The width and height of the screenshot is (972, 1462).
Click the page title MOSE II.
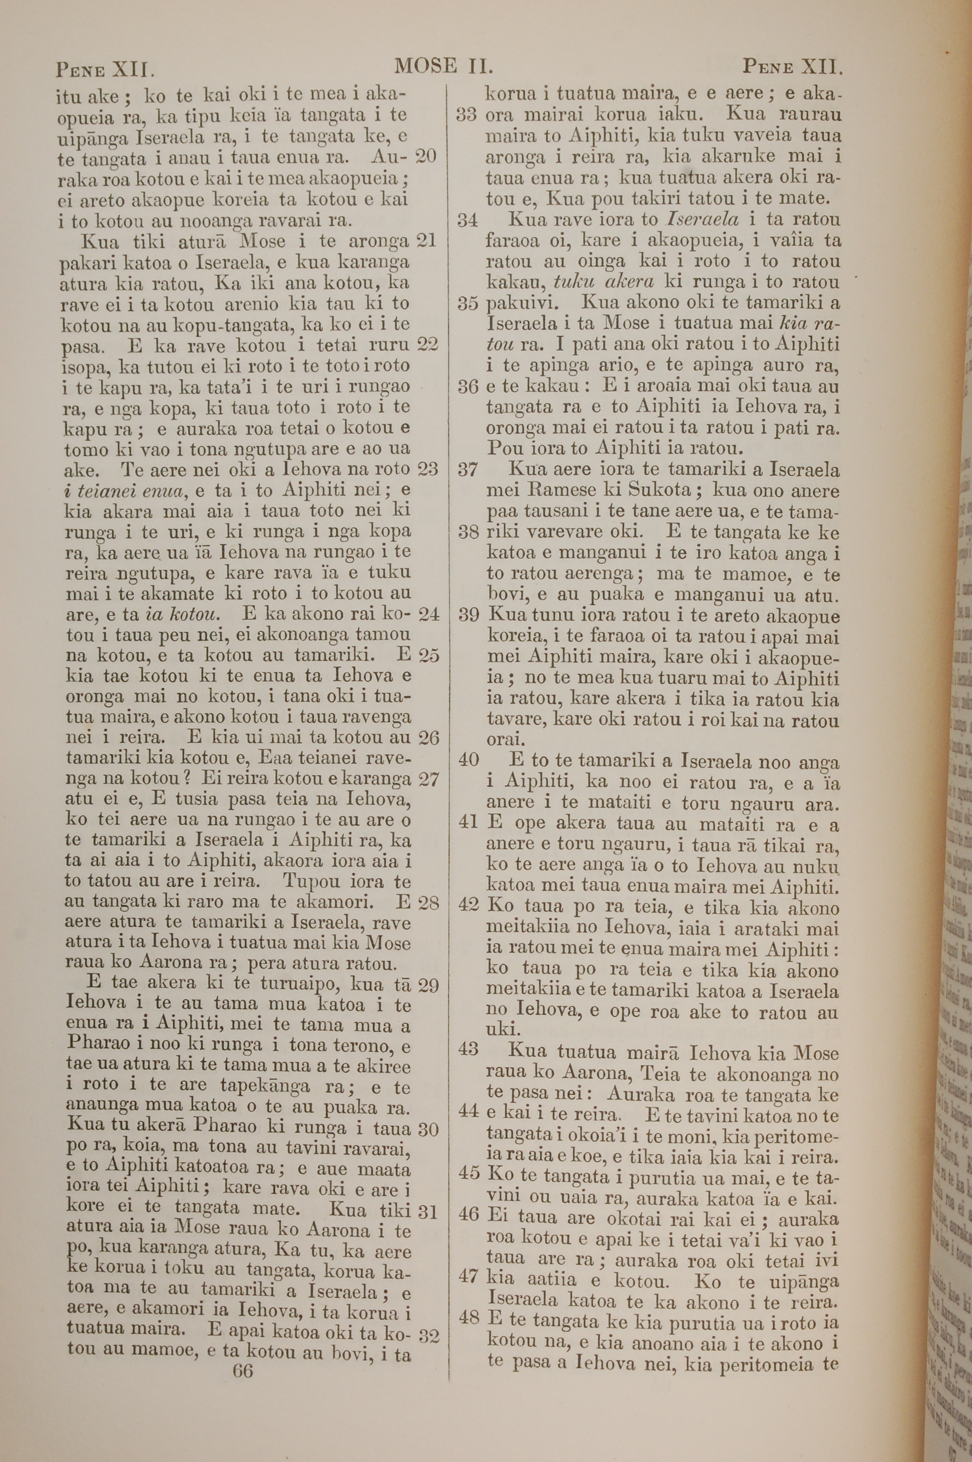(x=443, y=66)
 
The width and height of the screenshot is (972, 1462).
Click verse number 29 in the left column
(x=428, y=985)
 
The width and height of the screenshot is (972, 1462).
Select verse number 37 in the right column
(x=468, y=470)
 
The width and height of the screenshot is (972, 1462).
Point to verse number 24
(x=428, y=614)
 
